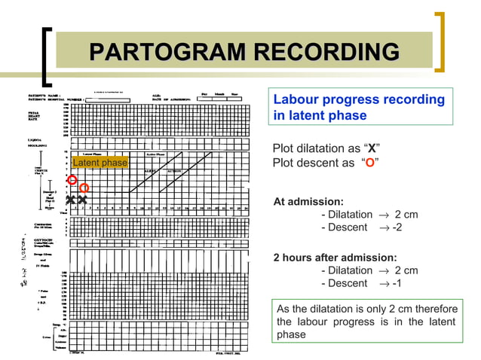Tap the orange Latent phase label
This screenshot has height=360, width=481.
[100, 163]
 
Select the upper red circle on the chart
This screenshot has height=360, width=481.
[72, 179]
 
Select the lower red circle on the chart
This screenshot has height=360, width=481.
[84, 188]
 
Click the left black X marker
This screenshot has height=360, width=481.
[71, 200]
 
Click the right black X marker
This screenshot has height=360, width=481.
[82, 200]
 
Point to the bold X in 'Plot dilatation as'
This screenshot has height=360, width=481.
[371, 146]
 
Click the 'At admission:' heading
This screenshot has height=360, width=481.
[308, 202]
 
